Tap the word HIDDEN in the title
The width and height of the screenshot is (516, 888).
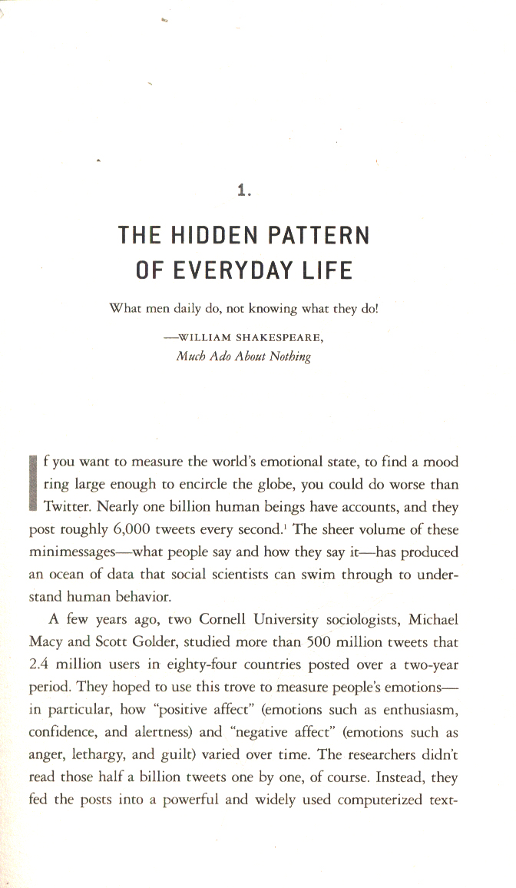(217, 235)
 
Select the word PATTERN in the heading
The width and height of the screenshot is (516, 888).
(322, 235)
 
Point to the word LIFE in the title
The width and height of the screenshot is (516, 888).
(326, 270)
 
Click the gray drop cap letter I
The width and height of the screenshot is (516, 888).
(33, 484)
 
